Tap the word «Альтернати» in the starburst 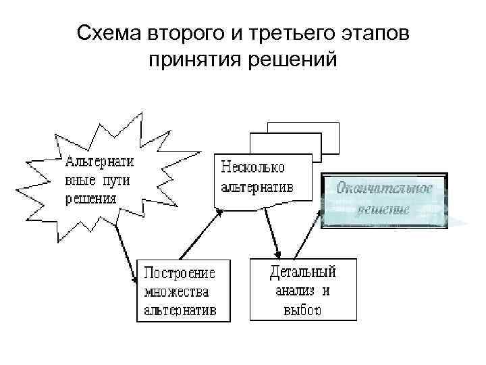pos(99,163)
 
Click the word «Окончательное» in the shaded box pos(384,188)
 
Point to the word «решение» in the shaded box pos(383,209)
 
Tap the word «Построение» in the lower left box pos(180,274)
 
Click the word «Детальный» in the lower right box pos(302,272)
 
